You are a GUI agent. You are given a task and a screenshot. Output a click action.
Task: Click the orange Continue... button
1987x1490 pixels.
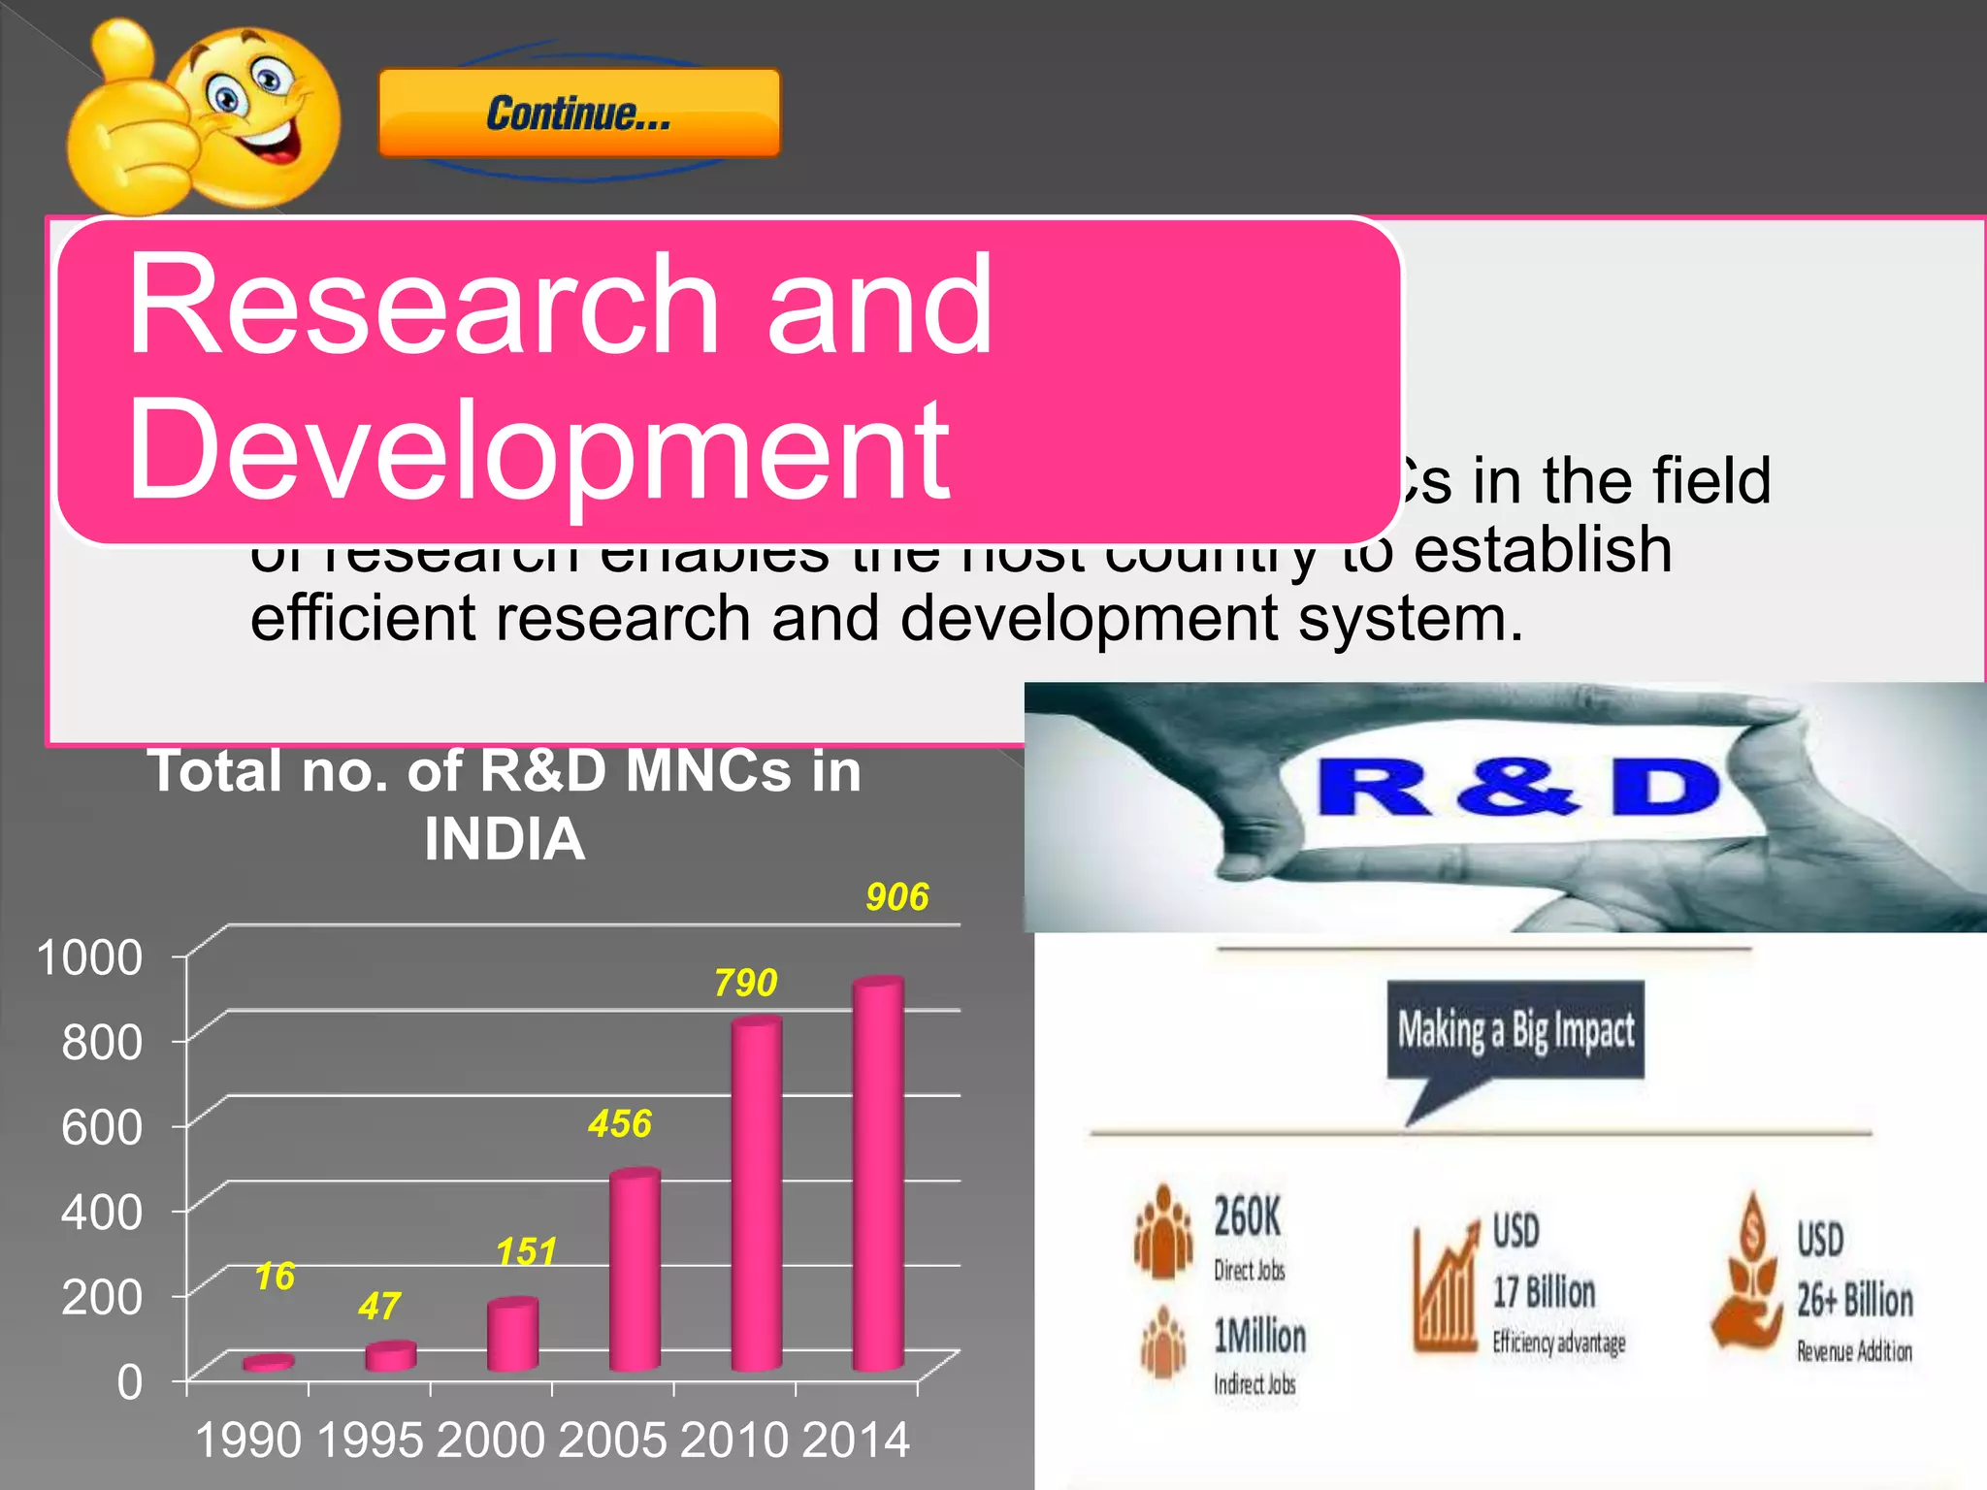(579, 113)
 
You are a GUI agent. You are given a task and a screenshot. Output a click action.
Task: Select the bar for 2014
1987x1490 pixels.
(878, 1174)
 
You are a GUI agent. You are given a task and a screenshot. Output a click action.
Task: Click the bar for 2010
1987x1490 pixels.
(757, 1193)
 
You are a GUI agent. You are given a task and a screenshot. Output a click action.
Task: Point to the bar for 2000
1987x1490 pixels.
(512, 1334)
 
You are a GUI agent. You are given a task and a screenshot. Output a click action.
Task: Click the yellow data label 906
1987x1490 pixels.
(897, 897)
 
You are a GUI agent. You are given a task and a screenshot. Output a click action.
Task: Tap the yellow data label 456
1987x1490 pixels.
(620, 1124)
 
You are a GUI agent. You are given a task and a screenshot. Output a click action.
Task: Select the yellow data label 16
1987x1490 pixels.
(275, 1277)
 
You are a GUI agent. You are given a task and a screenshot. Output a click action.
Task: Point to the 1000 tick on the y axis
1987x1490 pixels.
(89, 957)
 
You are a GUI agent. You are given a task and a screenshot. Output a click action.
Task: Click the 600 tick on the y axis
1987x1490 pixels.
(102, 1127)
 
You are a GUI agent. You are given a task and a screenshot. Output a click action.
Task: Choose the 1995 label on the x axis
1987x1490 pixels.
(370, 1441)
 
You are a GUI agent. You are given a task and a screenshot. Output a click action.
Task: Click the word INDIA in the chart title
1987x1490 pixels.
(505, 839)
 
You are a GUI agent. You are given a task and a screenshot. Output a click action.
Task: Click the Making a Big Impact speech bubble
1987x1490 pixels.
(1515, 1031)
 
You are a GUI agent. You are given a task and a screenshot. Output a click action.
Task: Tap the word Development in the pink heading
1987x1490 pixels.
(538, 450)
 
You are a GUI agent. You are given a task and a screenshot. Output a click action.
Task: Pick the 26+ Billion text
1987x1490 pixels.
(1854, 1300)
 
